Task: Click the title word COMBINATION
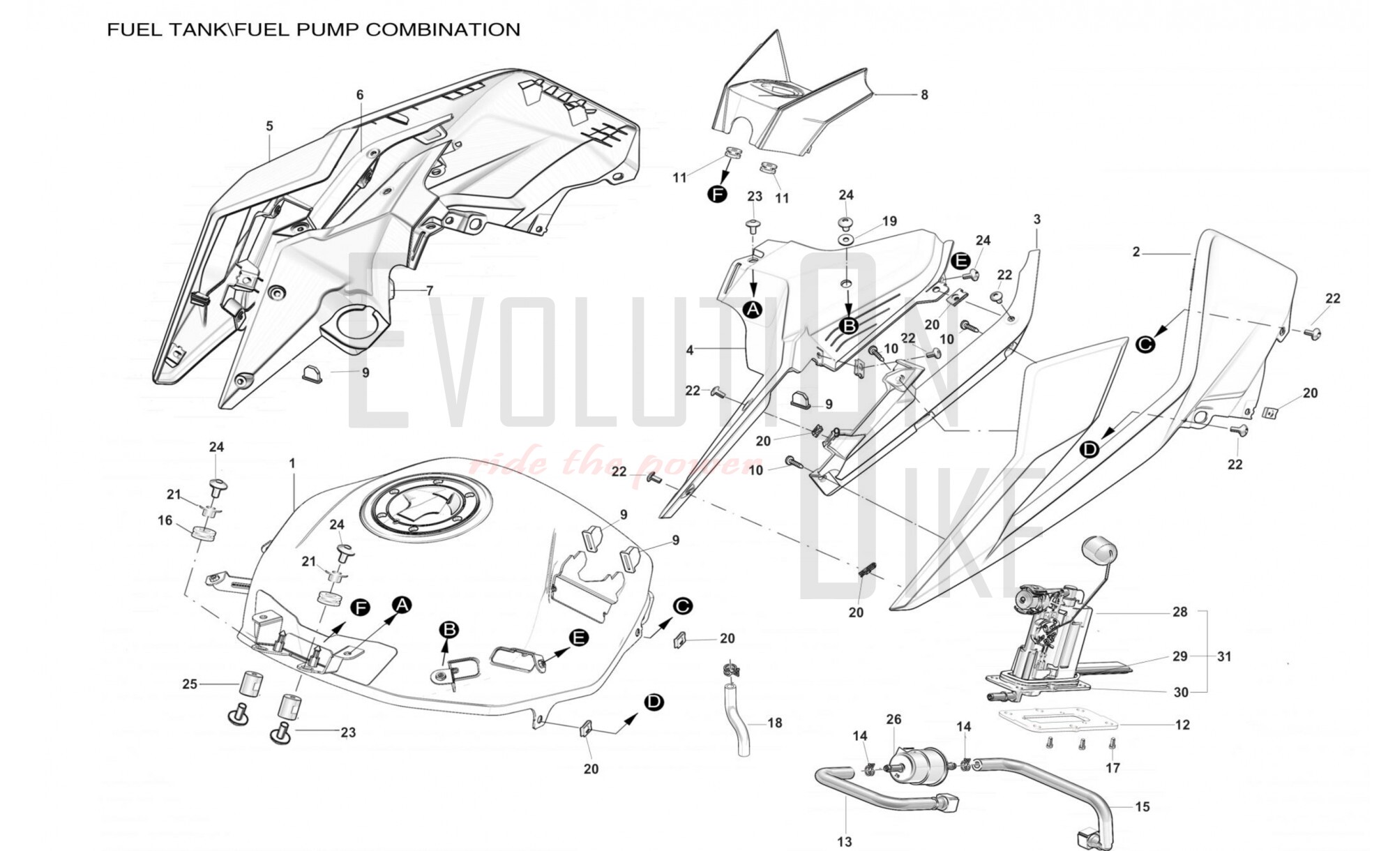pyautogui.click(x=443, y=29)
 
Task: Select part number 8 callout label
pyautogui.click(x=924, y=95)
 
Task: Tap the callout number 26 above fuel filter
pyautogui.click(x=893, y=719)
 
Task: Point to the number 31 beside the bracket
pyautogui.click(x=1224, y=656)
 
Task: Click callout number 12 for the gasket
pyautogui.click(x=1182, y=725)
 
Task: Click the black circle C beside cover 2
pyautogui.click(x=1145, y=344)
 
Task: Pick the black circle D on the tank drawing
pyautogui.click(x=654, y=702)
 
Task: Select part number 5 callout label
pyautogui.click(x=269, y=126)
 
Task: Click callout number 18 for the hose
pyautogui.click(x=775, y=723)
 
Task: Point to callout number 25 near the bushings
pyautogui.click(x=190, y=684)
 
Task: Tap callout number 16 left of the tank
pyautogui.click(x=165, y=520)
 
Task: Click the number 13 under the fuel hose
pyautogui.click(x=845, y=842)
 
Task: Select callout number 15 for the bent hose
pyautogui.click(x=1143, y=806)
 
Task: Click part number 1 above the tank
pyautogui.click(x=292, y=463)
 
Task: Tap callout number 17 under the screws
pyautogui.click(x=1113, y=768)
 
